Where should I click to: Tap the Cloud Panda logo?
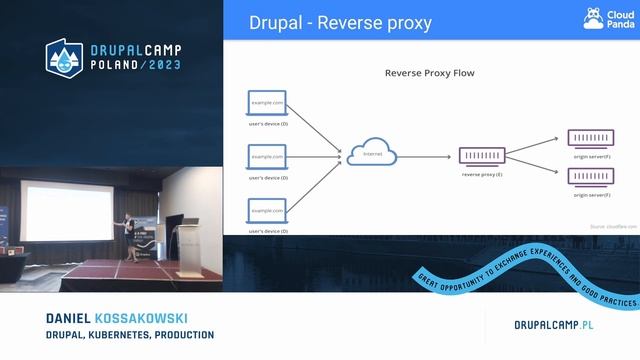click(x=606, y=19)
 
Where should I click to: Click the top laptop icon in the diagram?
click(x=267, y=103)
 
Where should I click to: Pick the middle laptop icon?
click(x=267, y=157)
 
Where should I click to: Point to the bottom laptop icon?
click(x=267, y=211)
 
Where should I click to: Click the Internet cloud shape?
click(x=372, y=154)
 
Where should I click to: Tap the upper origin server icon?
click(x=591, y=138)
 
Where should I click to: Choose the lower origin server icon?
click(x=591, y=177)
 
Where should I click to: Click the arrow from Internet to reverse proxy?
click(x=427, y=155)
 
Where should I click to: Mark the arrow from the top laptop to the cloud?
click(x=318, y=126)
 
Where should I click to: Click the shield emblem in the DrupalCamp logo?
click(x=65, y=58)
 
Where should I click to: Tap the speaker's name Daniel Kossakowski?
click(x=116, y=318)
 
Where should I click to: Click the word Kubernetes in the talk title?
click(x=127, y=334)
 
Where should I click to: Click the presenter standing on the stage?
click(x=127, y=231)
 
